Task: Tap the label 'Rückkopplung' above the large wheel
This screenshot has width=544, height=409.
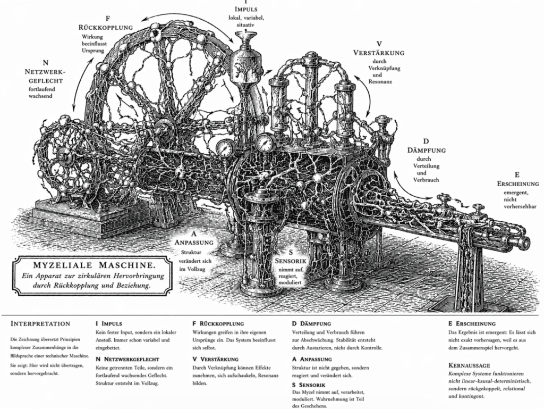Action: click(105, 27)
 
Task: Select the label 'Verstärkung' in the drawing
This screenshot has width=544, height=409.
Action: click(379, 53)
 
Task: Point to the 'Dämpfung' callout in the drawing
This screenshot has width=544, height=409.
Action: click(426, 151)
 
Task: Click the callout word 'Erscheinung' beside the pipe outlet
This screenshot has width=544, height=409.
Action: click(518, 183)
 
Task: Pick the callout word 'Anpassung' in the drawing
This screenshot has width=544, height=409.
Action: click(194, 242)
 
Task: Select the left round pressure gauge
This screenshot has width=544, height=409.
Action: click(225, 147)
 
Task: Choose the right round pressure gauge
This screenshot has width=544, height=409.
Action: click(265, 142)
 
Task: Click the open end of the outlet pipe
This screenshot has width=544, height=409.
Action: click(524, 244)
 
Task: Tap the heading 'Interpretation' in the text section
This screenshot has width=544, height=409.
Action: click(40, 323)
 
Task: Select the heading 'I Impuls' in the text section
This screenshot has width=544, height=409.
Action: click(109, 323)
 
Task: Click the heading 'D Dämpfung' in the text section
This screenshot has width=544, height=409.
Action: click(311, 323)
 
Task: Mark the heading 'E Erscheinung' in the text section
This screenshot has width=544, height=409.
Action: click(472, 323)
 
